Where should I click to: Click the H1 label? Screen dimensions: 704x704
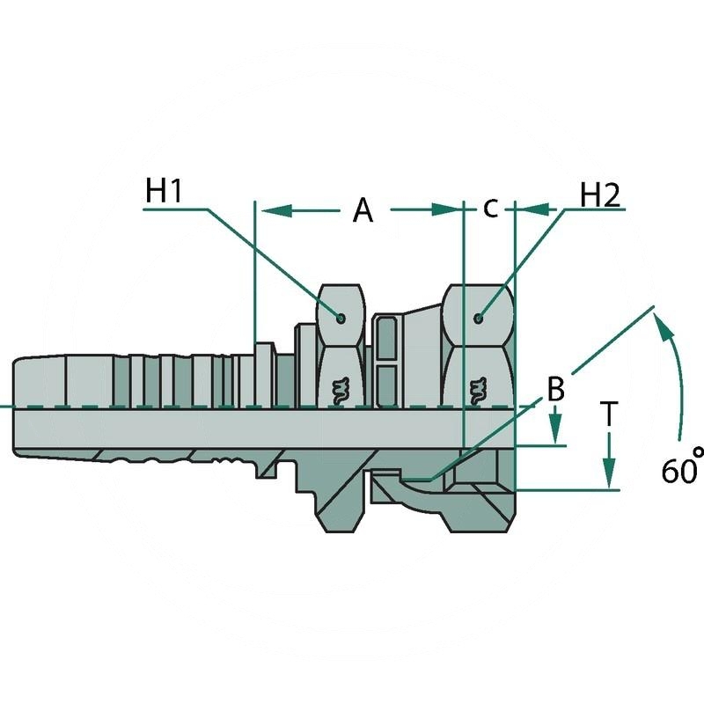[164, 191]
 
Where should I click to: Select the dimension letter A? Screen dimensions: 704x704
[363, 210]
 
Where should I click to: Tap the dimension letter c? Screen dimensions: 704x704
[490, 209]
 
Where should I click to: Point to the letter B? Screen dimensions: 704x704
[555, 390]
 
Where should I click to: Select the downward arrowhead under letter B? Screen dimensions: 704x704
[555, 435]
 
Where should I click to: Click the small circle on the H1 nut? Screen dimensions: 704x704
[341, 318]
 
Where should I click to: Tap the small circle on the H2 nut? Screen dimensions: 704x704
[479, 318]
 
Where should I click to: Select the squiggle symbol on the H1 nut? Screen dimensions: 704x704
[340, 387]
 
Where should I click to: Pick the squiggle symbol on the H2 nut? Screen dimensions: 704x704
[479, 387]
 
